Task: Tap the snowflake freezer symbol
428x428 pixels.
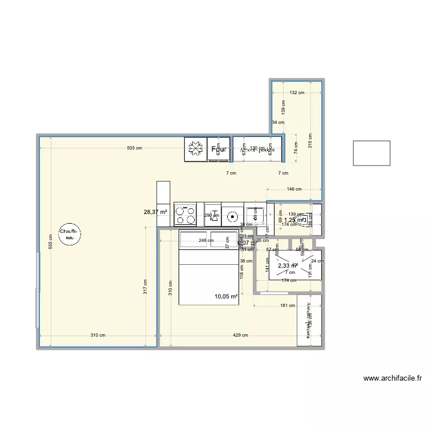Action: point(195,149)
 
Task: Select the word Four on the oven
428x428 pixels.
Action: point(220,150)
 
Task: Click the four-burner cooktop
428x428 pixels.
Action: point(185,215)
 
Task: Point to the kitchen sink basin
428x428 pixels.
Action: point(233,216)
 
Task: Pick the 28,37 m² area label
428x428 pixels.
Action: point(155,212)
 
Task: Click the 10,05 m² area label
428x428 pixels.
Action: point(226,296)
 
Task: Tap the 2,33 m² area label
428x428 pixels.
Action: point(287,266)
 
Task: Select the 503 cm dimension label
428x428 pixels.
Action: point(134,148)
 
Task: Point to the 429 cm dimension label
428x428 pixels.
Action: point(240,336)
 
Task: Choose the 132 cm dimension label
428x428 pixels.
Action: point(297,92)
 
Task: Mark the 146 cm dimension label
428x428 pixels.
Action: point(294,189)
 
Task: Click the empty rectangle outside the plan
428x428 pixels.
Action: point(372,153)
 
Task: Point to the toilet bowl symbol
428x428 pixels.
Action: point(305,217)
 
